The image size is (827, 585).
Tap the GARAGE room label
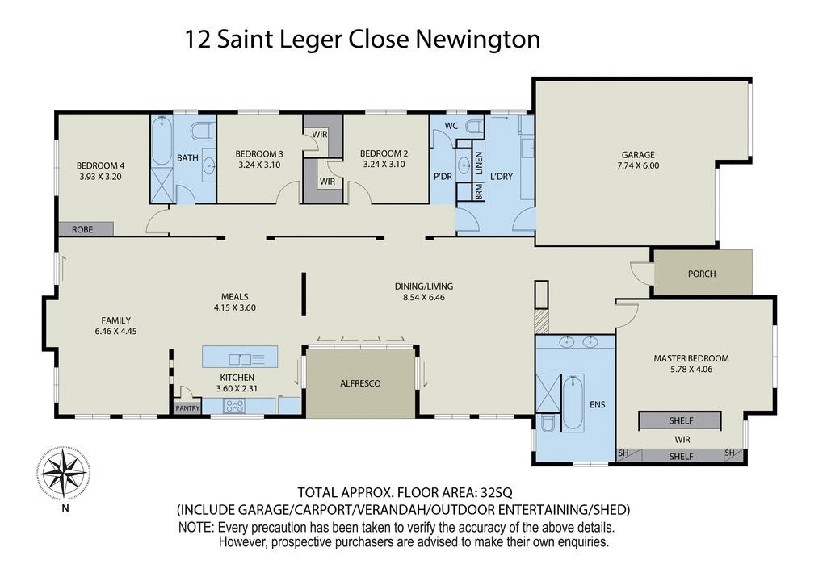point(637,155)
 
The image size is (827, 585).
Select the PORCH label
point(702,274)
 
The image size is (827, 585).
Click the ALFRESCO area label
point(359,383)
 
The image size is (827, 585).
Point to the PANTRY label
point(187,409)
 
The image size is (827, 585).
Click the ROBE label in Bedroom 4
point(82,230)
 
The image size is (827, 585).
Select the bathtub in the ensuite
point(573,401)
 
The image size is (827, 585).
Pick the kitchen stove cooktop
point(234,407)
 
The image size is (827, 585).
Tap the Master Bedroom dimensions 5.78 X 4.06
point(691,370)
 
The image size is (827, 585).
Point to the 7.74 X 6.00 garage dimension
point(637,165)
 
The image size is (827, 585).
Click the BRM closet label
point(479,192)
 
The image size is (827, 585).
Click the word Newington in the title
point(477,39)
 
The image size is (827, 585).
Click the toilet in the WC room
point(473,127)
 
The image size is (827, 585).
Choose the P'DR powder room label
point(442,176)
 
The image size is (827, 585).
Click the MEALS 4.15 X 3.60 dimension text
point(235,307)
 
